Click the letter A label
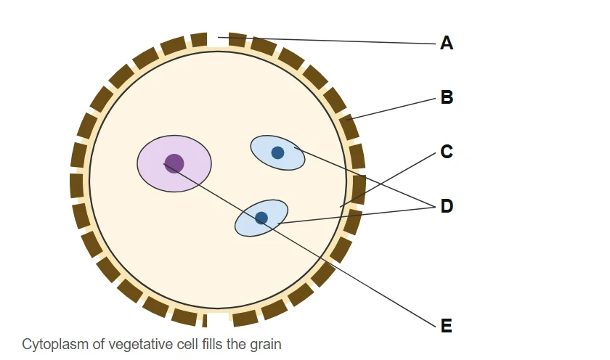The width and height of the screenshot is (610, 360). pyautogui.click(x=447, y=43)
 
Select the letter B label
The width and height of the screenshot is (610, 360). pyautogui.click(x=447, y=97)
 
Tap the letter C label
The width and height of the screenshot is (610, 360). pyautogui.click(x=447, y=151)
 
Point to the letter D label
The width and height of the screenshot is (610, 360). pyautogui.click(x=447, y=205)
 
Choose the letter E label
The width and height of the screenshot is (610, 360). pyautogui.click(x=447, y=325)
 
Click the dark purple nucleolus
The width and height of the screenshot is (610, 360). pyautogui.click(x=174, y=163)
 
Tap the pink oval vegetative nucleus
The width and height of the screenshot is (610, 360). pyautogui.click(x=174, y=164)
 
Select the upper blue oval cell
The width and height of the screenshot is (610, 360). pyautogui.click(x=277, y=153)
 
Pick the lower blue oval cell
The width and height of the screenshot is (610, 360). pyautogui.click(x=261, y=218)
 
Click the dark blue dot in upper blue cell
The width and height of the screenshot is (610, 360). pyautogui.click(x=277, y=153)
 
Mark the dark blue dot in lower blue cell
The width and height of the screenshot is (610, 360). pyautogui.click(x=261, y=218)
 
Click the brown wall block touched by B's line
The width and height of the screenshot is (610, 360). pyautogui.click(x=349, y=127)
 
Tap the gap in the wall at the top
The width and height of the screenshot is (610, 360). pyautogui.click(x=218, y=40)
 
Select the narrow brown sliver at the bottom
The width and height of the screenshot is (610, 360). pyautogui.click(x=205, y=321)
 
